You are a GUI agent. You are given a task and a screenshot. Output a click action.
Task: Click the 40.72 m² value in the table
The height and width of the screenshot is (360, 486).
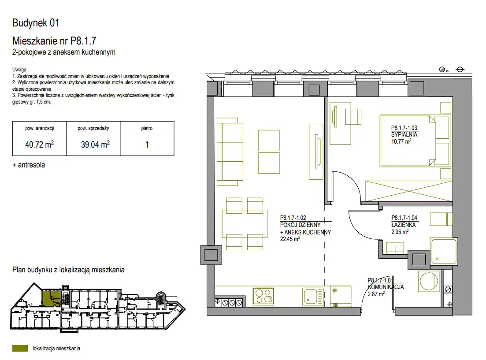[39, 145]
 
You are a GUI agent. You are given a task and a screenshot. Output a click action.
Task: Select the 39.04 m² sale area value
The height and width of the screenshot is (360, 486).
[96, 145]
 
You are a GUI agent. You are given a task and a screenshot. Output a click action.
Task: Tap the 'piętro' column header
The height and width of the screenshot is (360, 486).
[147, 128]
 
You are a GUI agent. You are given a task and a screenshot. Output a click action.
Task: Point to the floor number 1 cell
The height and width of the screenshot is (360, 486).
[147, 145]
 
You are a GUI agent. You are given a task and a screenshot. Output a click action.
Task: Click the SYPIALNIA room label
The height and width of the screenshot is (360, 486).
[404, 134]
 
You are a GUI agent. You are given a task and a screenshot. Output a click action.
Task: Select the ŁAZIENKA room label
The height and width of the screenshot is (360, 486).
[404, 225]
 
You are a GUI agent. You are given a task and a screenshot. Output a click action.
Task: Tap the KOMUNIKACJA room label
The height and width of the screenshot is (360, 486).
[386, 287]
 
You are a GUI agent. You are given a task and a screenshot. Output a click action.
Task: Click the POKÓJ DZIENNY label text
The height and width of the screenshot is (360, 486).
[300, 225]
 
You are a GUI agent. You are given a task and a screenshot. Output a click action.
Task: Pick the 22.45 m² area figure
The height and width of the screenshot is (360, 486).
[290, 239]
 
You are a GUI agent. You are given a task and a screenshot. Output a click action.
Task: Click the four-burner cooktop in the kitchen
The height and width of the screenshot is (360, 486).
[264, 296]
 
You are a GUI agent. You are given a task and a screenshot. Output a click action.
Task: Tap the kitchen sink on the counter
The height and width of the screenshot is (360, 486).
[313, 296]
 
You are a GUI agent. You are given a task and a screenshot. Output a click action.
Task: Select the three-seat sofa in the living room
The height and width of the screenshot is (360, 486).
[230, 152]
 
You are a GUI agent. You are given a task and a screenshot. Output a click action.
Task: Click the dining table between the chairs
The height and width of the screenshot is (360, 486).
[245, 224]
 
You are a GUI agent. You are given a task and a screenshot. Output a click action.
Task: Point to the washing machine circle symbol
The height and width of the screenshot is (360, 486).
[429, 282]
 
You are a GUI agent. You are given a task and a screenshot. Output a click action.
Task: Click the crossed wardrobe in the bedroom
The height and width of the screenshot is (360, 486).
[409, 191]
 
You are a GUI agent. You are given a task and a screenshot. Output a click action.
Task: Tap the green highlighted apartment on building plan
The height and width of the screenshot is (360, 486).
[51, 298]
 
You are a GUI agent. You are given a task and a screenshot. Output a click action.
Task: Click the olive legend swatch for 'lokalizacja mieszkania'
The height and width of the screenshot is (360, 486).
[20, 349]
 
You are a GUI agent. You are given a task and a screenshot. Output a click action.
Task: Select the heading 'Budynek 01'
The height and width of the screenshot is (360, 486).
[36, 22]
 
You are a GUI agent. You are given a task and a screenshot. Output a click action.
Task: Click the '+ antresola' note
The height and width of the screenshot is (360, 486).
[29, 165]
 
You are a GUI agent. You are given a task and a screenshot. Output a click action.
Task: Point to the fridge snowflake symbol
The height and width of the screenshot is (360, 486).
[334, 291]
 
